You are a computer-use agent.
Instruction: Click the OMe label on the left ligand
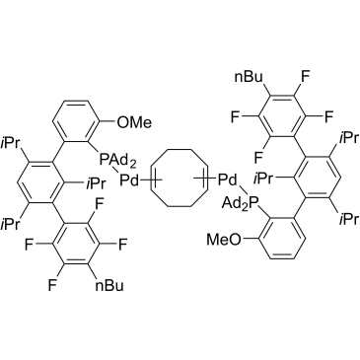point(134,122)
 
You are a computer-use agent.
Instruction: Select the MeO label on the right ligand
point(223,240)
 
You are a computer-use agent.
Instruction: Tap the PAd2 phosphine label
point(116,162)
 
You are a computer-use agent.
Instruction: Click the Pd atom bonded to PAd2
point(129,180)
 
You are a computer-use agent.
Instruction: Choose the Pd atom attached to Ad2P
point(228,180)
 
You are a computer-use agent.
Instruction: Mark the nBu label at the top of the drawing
point(249,77)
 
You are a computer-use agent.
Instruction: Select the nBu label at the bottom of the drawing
point(109,286)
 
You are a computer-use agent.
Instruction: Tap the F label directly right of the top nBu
point(305,77)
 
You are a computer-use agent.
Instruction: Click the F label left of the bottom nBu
point(52,286)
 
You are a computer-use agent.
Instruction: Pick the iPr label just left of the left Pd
point(96,183)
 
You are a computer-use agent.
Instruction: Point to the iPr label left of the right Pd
point(264,180)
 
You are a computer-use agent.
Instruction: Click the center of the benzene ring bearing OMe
point(77,122)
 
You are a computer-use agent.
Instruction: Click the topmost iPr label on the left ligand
point(11,143)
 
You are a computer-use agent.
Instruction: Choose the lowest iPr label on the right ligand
point(348,219)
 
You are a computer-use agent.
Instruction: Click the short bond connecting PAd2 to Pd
point(116,172)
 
